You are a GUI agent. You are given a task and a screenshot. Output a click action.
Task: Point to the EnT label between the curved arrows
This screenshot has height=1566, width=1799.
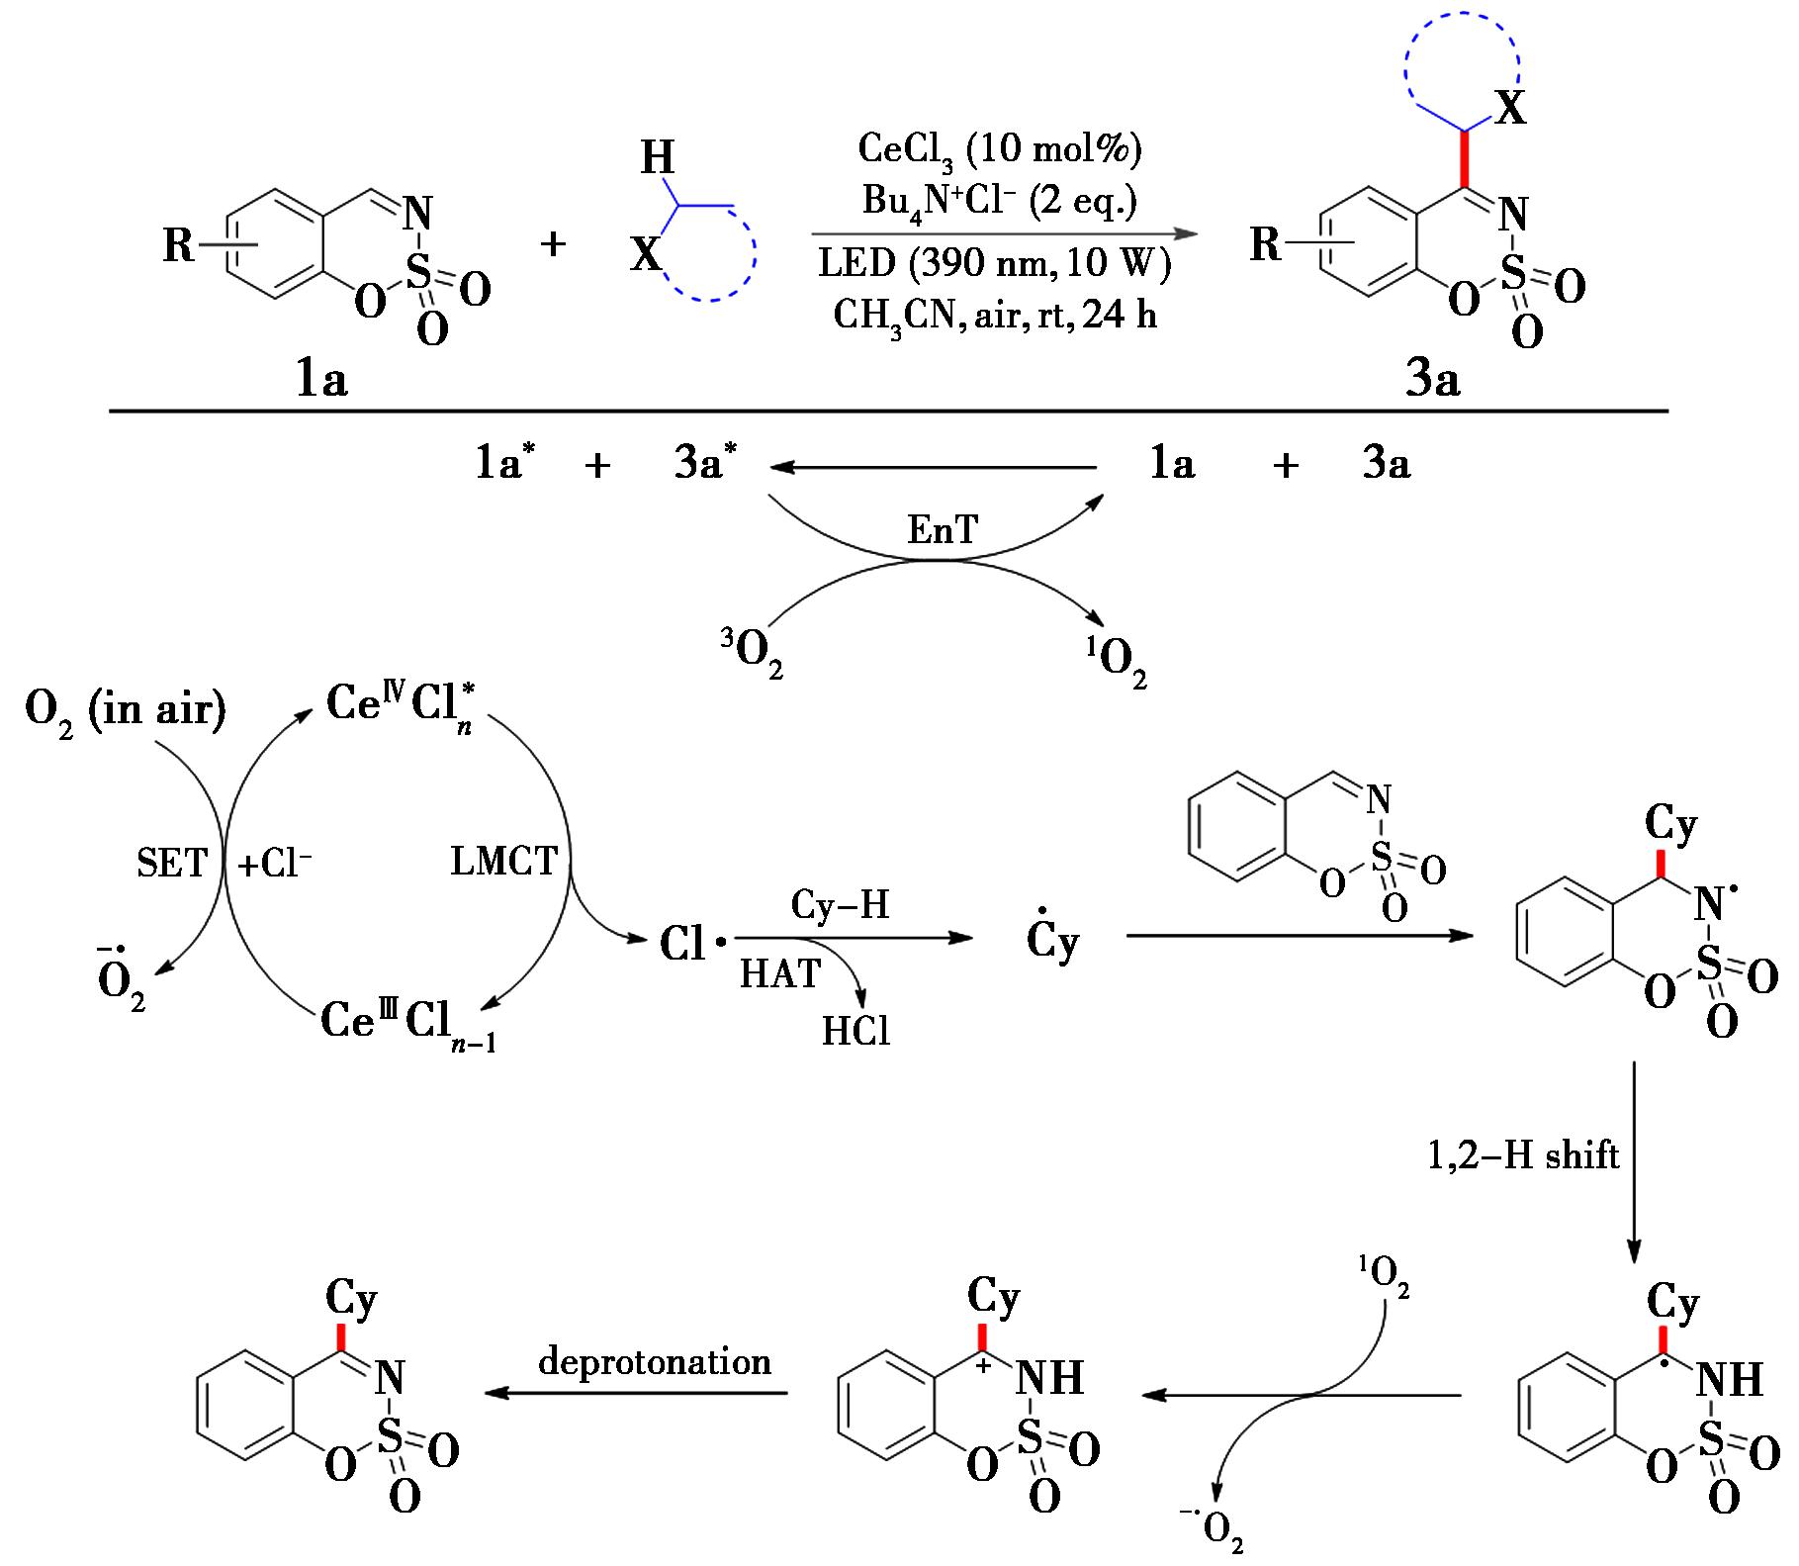point(943,531)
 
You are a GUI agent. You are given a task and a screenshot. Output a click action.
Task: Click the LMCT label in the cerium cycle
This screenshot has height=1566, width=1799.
point(503,862)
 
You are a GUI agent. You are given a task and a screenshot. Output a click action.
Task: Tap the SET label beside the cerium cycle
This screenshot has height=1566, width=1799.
point(172,864)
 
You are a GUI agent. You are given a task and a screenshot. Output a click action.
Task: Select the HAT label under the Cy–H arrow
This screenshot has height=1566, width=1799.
point(780,974)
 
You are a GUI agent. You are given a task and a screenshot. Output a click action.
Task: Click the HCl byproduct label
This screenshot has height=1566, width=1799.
point(855,1032)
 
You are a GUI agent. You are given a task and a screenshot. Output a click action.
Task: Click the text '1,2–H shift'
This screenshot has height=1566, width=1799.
point(1523,1154)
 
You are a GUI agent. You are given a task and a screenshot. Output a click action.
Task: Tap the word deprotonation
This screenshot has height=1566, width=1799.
point(655,1362)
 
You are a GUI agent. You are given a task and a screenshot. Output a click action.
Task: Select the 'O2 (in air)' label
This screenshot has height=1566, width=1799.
point(126,710)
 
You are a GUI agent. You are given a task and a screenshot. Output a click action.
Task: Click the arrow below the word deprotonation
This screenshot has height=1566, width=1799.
point(636,1393)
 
